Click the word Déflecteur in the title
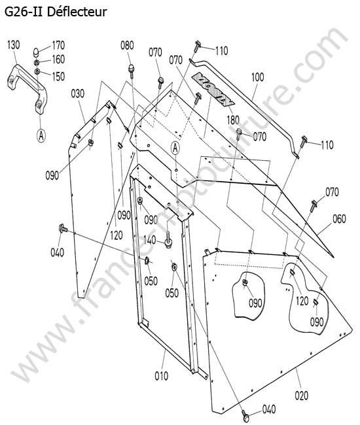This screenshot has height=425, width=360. [x=77, y=12]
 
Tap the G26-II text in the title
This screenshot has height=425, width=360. [x=24, y=12]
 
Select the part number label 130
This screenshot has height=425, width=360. [x=13, y=44]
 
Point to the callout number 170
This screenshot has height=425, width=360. [x=58, y=45]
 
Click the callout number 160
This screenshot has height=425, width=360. [x=58, y=59]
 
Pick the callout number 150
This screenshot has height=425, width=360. [x=58, y=76]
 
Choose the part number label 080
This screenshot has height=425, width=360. [x=127, y=45]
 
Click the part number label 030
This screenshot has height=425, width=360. [x=78, y=93]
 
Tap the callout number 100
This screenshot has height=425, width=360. [x=257, y=77]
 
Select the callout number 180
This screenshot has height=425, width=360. [x=233, y=120]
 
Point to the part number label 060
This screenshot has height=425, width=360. [x=339, y=218]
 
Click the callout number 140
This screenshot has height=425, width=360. [x=150, y=239]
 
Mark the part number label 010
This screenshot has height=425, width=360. [x=162, y=376]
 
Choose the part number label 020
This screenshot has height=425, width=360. [x=301, y=396]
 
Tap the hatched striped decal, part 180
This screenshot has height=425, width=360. [x=213, y=89]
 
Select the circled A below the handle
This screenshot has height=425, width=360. [x=41, y=135]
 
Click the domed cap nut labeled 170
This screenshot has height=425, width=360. [x=36, y=52]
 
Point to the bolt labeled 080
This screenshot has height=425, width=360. [x=132, y=71]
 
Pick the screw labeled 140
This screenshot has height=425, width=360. [x=168, y=240]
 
